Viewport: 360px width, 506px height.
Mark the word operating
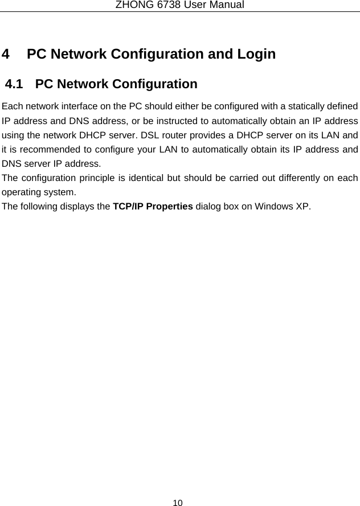click(21, 192)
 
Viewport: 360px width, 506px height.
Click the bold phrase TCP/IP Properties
click(153, 205)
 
